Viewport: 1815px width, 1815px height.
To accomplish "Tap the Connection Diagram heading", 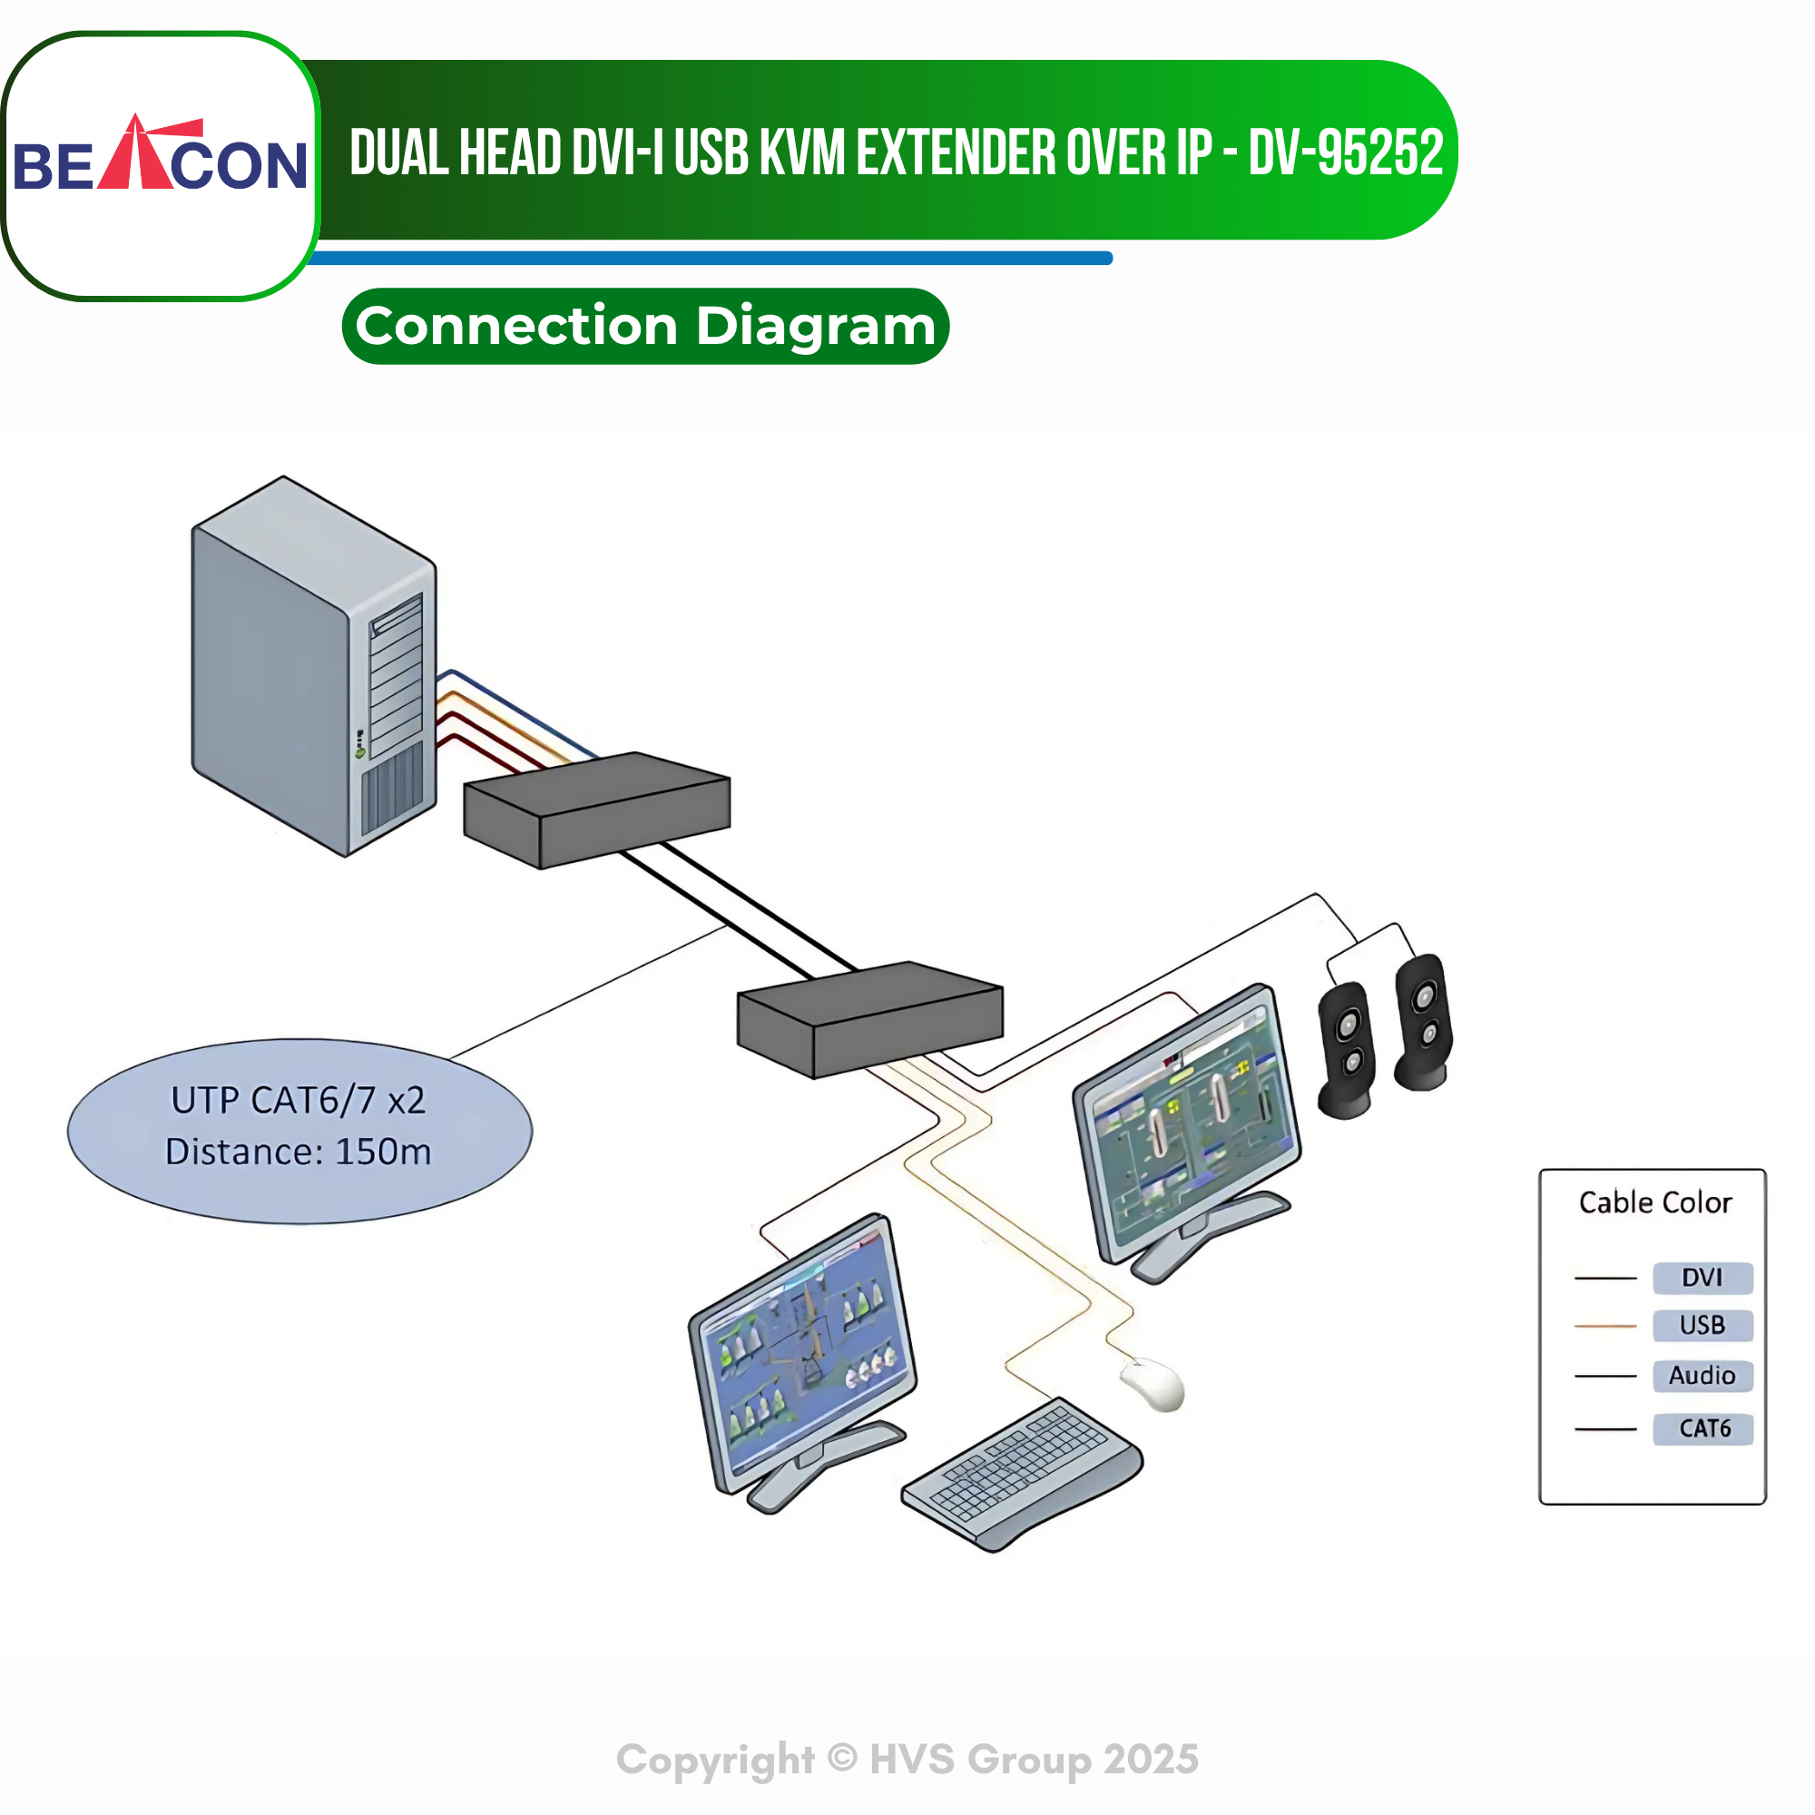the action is tap(645, 326).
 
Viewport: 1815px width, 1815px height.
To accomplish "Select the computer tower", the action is tap(314, 666).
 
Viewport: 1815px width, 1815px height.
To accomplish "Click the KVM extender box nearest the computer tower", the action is tap(596, 809).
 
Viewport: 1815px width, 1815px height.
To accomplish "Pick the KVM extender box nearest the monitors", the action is tap(870, 1019).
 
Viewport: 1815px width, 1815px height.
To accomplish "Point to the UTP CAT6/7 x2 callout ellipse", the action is tap(299, 1131).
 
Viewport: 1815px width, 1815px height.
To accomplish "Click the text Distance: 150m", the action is tap(298, 1152).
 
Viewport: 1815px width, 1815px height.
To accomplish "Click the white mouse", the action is tap(1153, 1384).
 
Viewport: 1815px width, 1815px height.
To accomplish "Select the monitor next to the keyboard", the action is tap(803, 1361).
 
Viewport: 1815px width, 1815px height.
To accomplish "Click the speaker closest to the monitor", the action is tap(1346, 1050).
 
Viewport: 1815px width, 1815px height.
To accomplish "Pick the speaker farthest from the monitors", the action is tap(1423, 1022).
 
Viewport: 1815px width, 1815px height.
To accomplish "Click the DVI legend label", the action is tap(1702, 1278).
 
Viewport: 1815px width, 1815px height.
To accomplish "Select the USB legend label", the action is tap(1702, 1326).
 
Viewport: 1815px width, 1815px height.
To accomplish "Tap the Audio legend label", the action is tap(1702, 1377).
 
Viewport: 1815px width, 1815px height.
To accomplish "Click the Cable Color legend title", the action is tap(1655, 1202).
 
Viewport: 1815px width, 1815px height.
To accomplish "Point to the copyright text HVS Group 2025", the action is tap(1034, 1760).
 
